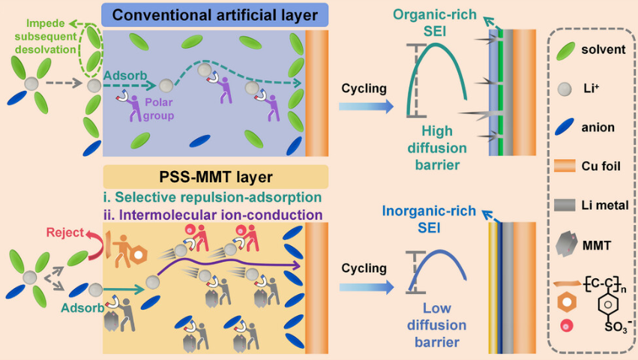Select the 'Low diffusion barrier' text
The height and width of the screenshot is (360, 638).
(x=436, y=336)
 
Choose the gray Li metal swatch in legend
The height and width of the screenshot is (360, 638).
(x=571, y=203)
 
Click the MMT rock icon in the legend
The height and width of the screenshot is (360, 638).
(x=571, y=243)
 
